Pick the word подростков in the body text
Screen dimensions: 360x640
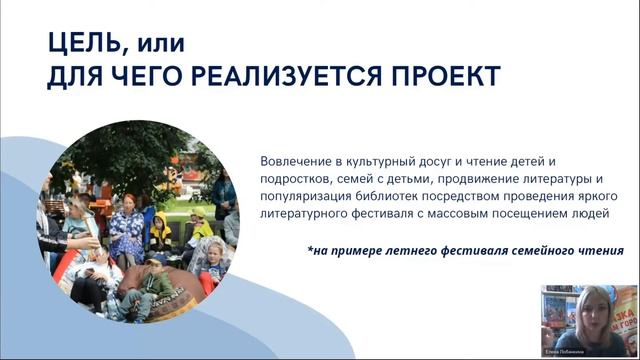click(297, 179)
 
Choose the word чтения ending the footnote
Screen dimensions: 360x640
click(601, 251)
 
